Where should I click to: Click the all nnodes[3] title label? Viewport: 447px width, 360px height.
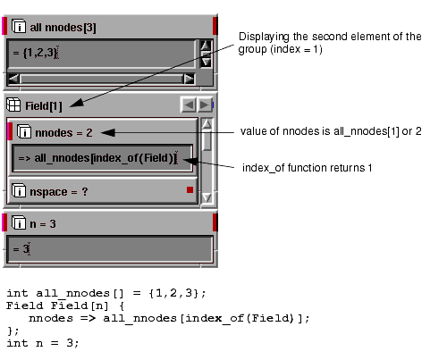pos(63,28)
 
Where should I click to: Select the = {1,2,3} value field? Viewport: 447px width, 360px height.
pos(101,54)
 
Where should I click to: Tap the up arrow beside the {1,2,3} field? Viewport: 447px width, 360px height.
pos(206,46)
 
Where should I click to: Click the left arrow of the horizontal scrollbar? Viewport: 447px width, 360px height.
pos(13,79)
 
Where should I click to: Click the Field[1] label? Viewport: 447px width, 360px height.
pos(44,106)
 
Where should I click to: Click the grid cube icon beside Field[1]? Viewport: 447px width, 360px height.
pos(13,105)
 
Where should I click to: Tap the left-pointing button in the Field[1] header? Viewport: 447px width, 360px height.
pos(189,105)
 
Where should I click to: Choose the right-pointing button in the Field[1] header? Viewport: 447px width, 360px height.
pos(205,105)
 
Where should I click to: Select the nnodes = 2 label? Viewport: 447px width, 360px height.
pos(63,133)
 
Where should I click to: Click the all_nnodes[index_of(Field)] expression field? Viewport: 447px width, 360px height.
pos(102,158)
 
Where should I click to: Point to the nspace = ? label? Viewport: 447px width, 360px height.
pos(59,192)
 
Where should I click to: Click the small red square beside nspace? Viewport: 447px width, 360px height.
pos(190,189)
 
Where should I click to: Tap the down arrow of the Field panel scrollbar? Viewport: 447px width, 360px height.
pos(207,197)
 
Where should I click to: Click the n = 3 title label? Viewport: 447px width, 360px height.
pos(43,224)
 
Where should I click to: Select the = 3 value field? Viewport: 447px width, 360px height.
pos(110,249)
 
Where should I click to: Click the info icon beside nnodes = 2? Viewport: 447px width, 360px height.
pos(24,131)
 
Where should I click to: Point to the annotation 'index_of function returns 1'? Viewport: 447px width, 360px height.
pos(307,168)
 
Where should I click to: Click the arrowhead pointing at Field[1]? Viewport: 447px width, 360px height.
pos(77,103)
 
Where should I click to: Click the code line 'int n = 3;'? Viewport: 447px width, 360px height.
pos(43,343)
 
